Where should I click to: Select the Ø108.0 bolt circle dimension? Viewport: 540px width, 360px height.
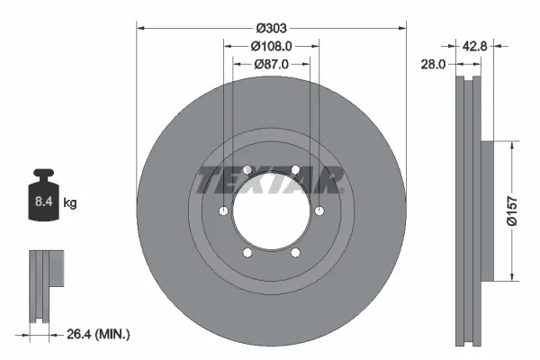point(271,45)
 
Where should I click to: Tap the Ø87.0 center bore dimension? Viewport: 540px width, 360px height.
point(271,64)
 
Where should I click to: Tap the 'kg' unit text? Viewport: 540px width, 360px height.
point(70,203)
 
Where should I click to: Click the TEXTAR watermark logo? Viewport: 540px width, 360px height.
point(271,180)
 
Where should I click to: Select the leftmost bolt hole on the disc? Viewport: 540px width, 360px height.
point(221,211)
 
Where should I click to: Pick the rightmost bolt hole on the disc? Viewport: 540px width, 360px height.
point(320,211)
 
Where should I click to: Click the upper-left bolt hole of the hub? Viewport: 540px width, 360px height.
point(247,168)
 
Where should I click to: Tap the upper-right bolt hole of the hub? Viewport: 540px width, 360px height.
point(295,168)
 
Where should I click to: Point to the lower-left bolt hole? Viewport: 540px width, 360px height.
point(247,253)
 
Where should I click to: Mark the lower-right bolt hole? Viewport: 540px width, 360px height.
point(295,253)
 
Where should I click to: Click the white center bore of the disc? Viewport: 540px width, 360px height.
point(271,212)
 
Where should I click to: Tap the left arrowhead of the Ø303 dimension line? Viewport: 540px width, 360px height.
point(140,27)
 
